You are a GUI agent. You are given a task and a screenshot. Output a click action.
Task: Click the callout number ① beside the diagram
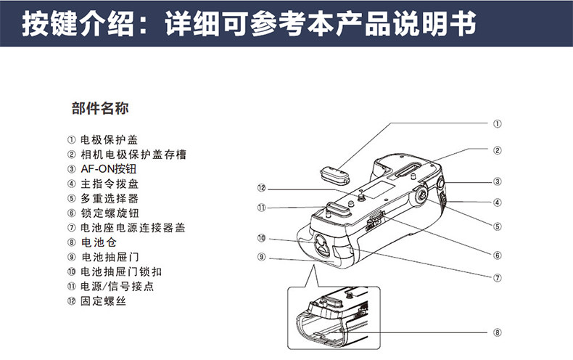(498, 124)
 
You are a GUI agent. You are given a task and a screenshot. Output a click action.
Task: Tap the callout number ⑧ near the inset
(498, 333)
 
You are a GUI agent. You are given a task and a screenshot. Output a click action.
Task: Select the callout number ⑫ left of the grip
(262, 187)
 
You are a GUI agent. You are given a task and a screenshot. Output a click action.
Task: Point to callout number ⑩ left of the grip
(262, 237)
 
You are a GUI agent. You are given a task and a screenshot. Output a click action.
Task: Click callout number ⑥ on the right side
(498, 255)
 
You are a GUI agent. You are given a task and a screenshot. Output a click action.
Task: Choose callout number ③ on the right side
(498, 181)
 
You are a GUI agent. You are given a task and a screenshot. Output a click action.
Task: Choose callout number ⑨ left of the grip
(262, 256)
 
